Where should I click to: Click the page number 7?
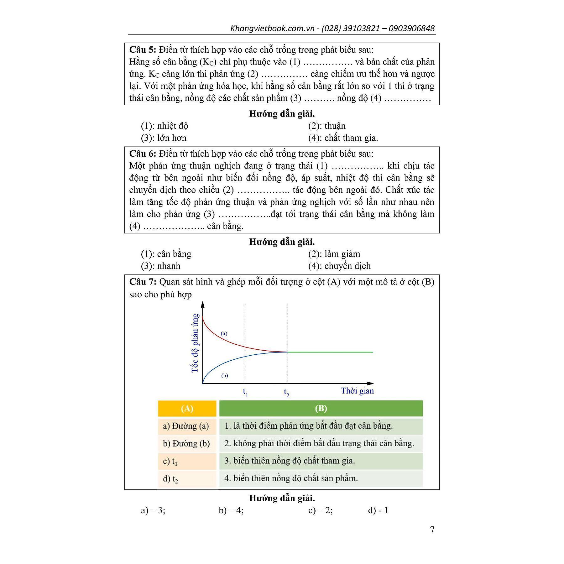[x=432, y=529]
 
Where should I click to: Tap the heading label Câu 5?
[x=143, y=50]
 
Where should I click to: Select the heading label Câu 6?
[x=143, y=154]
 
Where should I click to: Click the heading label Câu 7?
[x=143, y=282]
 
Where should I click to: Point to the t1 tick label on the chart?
[x=245, y=392]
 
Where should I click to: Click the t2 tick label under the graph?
[x=286, y=392]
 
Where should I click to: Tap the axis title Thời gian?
[x=357, y=391]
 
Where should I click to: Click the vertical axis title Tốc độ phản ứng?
[x=195, y=343]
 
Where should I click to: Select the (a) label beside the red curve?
[x=224, y=333]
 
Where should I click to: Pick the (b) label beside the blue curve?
[x=224, y=375]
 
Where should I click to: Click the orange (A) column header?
[x=187, y=409]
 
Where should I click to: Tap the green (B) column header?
[x=321, y=409]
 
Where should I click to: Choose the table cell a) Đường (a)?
[x=186, y=426]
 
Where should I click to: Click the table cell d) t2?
[x=171, y=479]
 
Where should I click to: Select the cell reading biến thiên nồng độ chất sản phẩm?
[x=291, y=478]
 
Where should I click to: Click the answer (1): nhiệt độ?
[x=164, y=126]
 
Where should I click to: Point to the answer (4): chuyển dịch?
[x=339, y=266]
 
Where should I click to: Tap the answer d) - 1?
[x=378, y=510]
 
